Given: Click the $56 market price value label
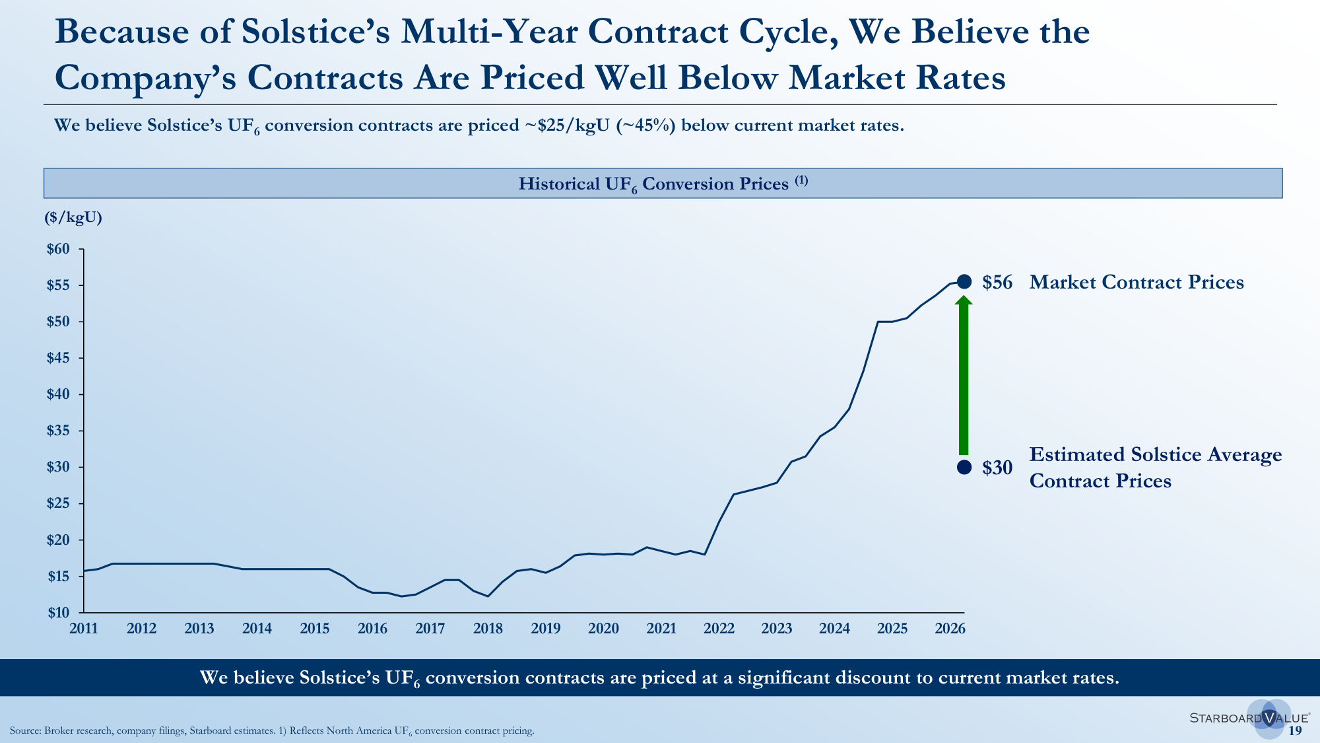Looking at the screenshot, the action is point(997,283).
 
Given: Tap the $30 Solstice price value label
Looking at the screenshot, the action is point(997,468).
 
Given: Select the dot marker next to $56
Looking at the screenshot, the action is point(964,282).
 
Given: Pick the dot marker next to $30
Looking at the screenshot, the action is point(964,467).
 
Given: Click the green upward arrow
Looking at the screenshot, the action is point(964,375).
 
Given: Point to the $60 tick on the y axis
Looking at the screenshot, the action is point(57,249).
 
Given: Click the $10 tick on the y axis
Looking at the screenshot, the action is point(57,612).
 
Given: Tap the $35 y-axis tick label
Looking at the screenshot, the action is point(57,431).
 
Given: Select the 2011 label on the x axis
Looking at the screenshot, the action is point(84,629).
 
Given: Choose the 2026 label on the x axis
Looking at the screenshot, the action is point(950,629).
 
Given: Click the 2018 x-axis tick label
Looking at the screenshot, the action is point(488,629).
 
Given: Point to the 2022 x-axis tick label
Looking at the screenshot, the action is point(719,629).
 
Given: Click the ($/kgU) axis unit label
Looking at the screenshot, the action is point(73,218).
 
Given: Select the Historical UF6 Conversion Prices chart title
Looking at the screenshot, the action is point(663,184).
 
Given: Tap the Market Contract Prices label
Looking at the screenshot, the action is point(1137,283).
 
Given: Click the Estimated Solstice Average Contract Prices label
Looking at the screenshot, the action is point(1156,468).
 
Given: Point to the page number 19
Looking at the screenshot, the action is point(1295,730).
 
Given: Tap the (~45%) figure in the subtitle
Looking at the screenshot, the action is point(645,125).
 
